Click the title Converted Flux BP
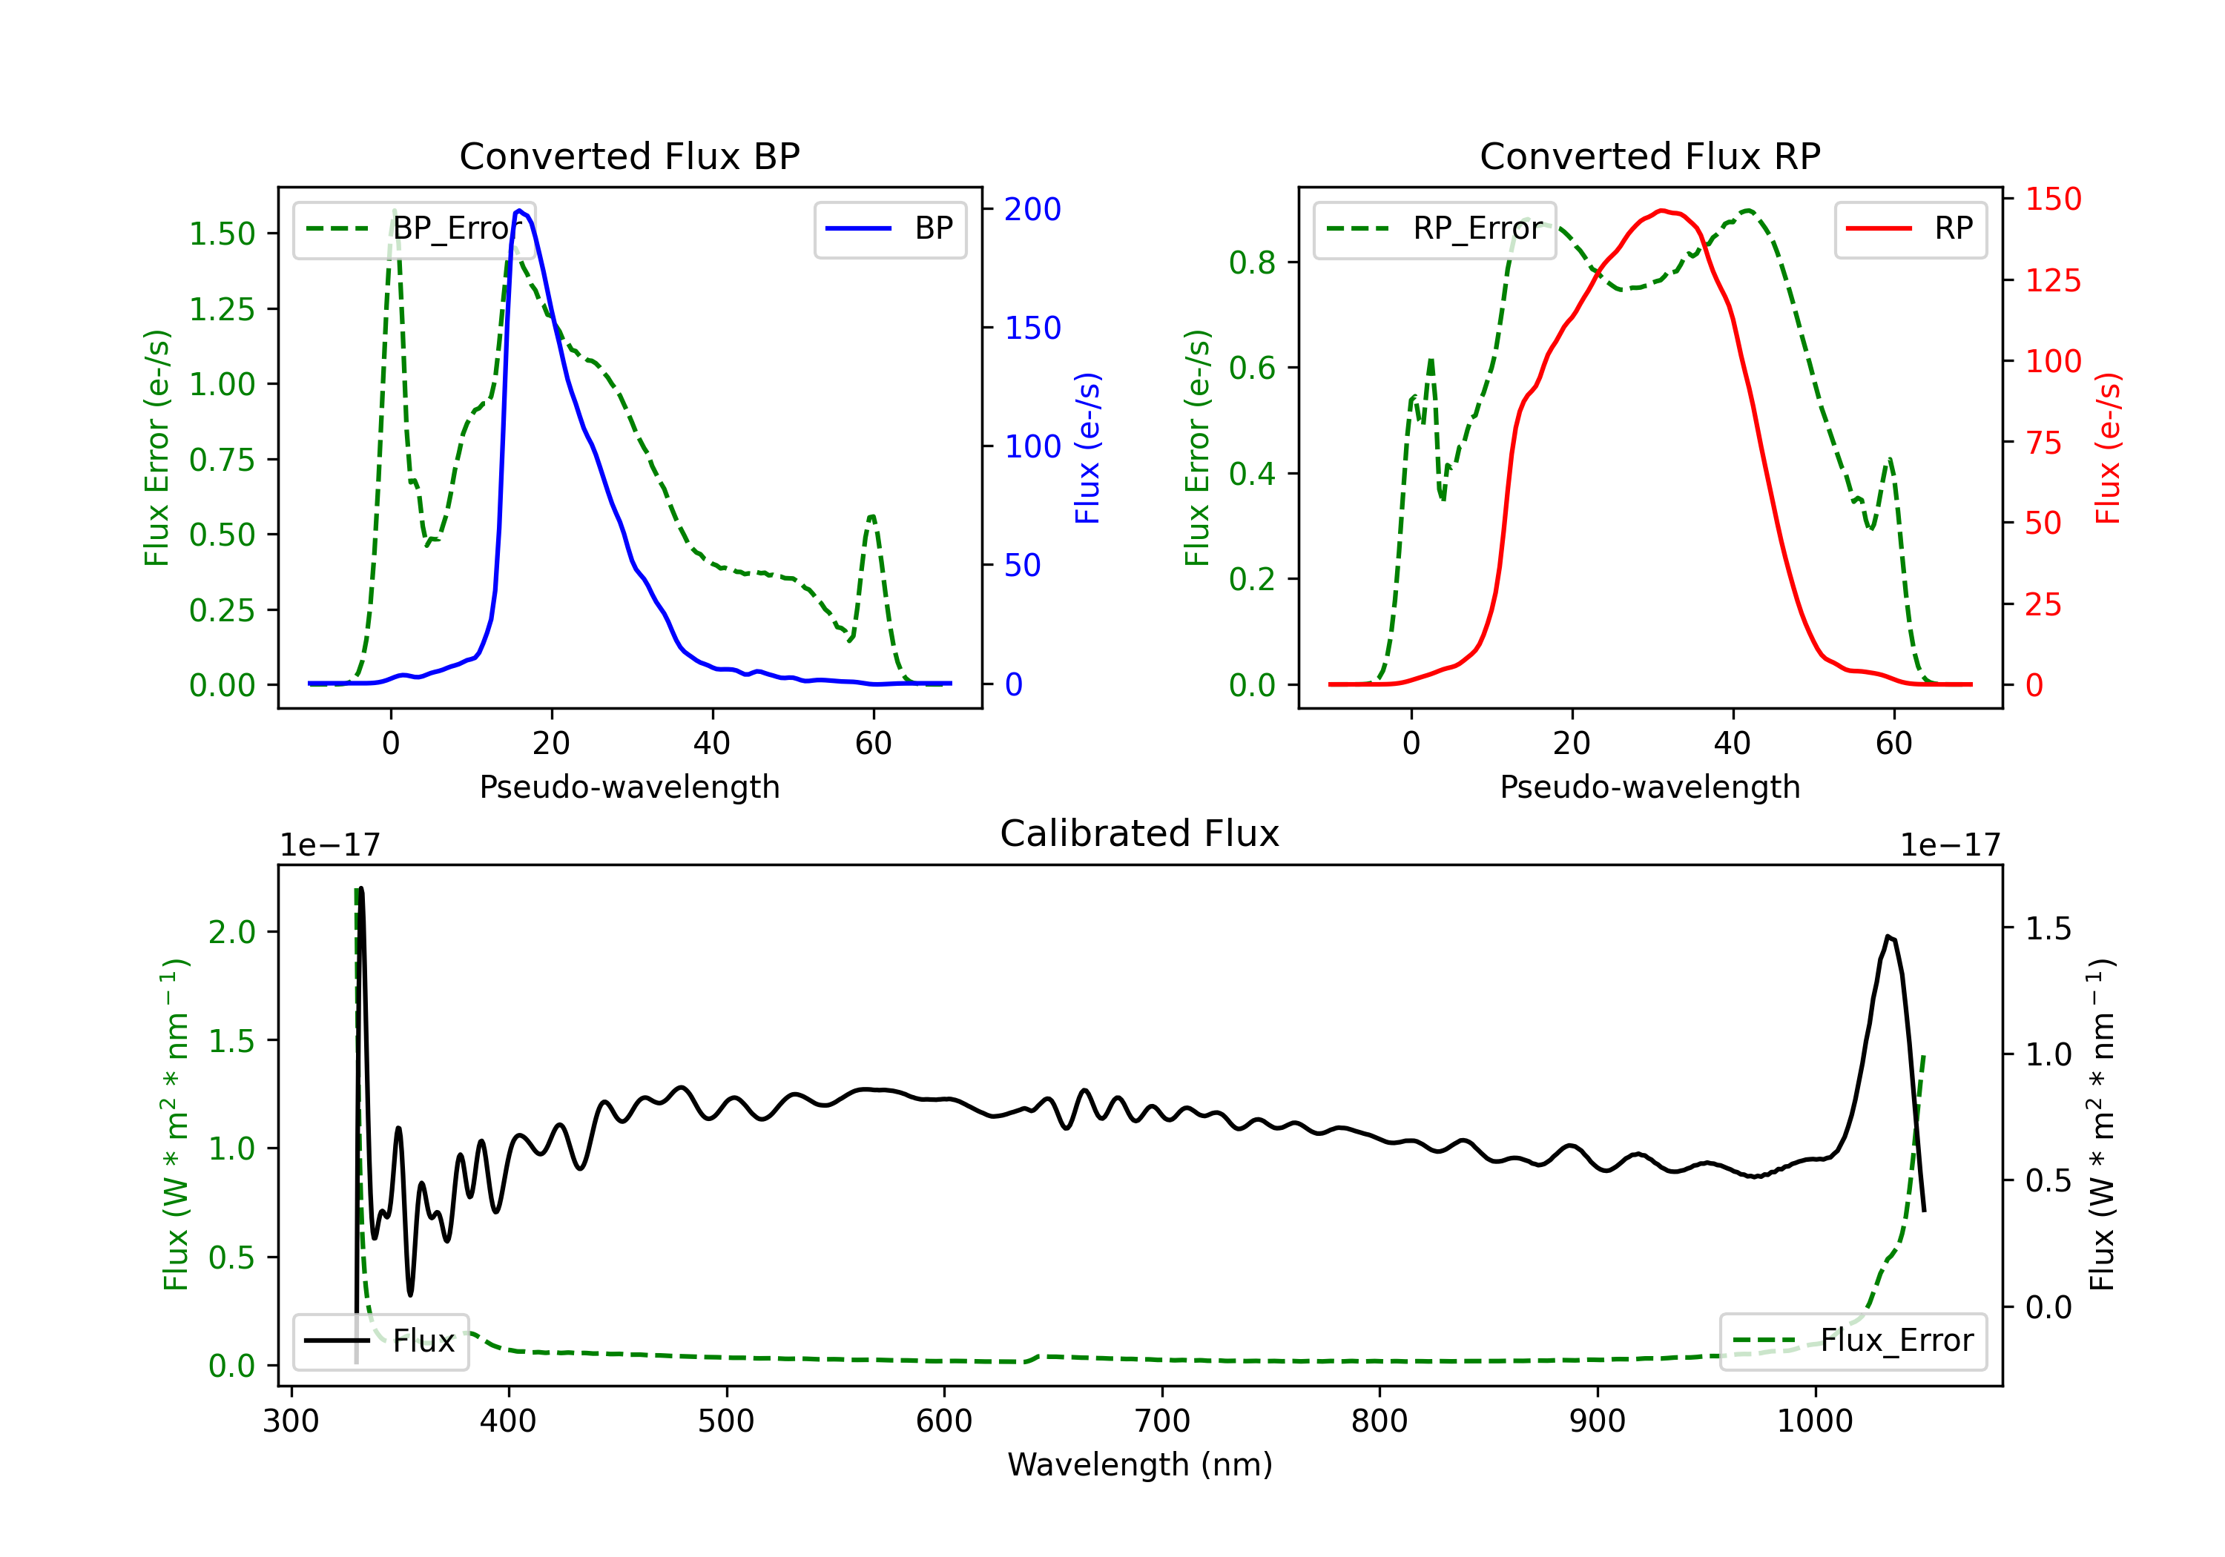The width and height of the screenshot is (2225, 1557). tap(630, 156)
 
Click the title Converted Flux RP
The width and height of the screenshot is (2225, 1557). tap(1650, 156)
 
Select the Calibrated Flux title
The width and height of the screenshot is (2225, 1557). tap(1140, 833)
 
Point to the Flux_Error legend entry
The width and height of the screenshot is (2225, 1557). tap(1853, 1341)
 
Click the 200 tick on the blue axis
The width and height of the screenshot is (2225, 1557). tap(1033, 209)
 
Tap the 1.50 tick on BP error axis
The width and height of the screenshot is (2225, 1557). tap(222, 234)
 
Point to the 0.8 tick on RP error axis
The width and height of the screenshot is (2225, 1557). tap(1252, 262)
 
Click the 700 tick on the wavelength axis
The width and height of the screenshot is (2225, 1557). tap(1162, 1421)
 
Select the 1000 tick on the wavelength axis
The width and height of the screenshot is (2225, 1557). tap(1815, 1421)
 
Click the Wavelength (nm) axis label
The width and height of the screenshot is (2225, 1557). tap(1140, 1464)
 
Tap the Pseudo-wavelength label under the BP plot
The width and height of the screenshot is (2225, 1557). tap(630, 787)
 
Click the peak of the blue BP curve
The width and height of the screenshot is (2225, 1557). tap(519, 211)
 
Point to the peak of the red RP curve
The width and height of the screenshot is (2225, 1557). tap(1661, 211)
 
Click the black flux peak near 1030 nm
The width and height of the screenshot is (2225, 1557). tap(1888, 936)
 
